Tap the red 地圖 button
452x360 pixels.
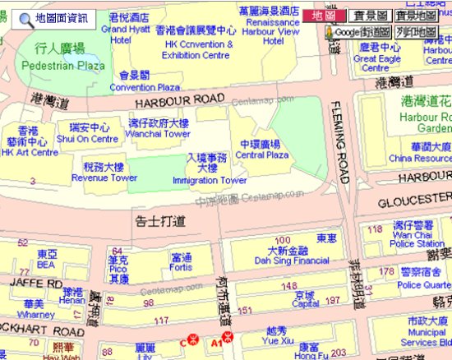323,15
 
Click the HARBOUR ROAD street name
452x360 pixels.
179,99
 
